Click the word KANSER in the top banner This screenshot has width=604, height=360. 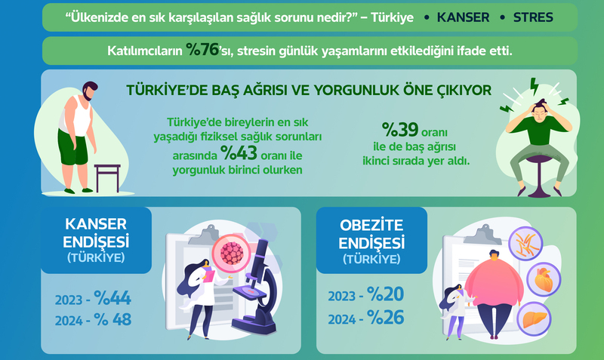[x=463, y=17]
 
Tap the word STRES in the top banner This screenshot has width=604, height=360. [x=533, y=17]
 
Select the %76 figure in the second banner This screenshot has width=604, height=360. [x=202, y=50]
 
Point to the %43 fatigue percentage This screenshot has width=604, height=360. [x=239, y=153]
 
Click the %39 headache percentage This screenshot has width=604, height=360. [x=400, y=130]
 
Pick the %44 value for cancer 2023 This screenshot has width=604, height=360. [x=112, y=298]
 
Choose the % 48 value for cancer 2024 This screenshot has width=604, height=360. [x=112, y=319]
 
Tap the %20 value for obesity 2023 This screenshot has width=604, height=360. [x=386, y=294]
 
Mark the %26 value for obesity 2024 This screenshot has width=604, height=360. [x=386, y=318]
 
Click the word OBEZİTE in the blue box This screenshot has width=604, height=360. [x=371, y=226]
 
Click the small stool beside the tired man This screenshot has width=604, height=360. [x=107, y=178]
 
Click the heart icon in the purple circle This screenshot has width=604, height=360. [x=544, y=279]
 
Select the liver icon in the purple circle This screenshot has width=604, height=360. [x=534, y=319]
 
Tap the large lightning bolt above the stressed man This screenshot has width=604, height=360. [x=535, y=86]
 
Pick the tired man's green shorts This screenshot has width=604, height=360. [x=72, y=147]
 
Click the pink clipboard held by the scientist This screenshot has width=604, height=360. [x=209, y=276]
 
